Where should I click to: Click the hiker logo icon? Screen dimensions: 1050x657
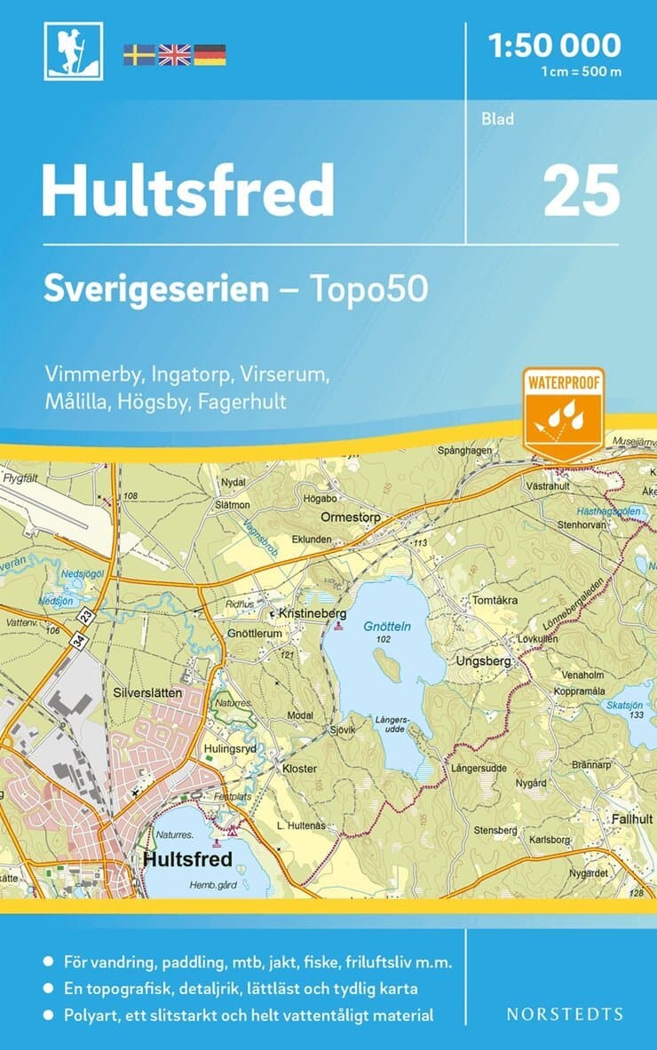click(74, 50)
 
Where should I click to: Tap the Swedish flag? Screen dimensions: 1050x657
click(139, 54)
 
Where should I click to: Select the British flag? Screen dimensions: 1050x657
click(174, 54)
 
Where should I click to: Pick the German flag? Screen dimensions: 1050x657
click(210, 54)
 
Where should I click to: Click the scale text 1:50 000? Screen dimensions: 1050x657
click(554, 44)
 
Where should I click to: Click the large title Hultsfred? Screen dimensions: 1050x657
click(187, 191)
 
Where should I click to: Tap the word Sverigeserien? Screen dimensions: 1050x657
click(156, 290)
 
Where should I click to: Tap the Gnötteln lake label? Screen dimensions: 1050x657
click(387, 626)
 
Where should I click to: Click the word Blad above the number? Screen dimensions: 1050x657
click(497, 119)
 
